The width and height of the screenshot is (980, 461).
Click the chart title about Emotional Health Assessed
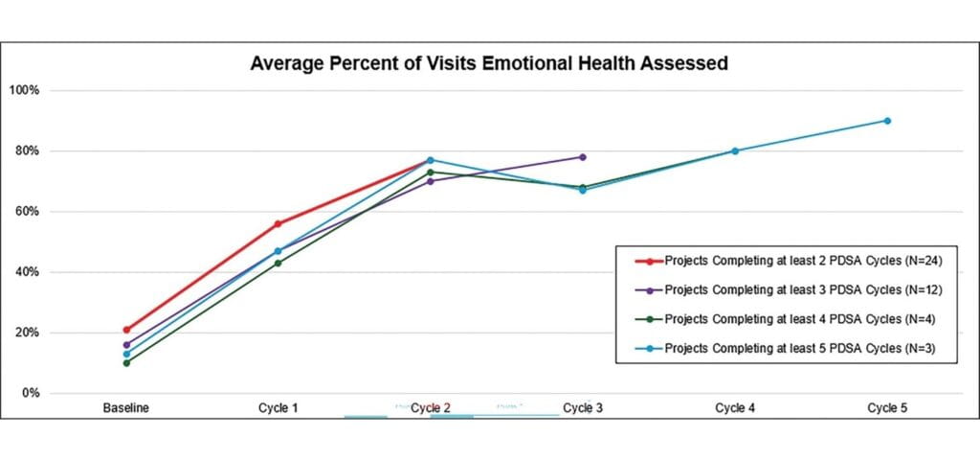coord(489,64)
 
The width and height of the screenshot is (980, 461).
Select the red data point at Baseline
coord(126,330)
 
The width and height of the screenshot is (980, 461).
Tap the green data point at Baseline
coord(126,362)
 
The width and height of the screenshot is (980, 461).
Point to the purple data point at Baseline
coord(126,344)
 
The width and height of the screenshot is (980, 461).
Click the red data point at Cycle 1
coord(278,223)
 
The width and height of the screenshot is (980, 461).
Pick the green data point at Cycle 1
coord(278,263)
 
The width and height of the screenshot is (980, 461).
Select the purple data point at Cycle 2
coord(430,181)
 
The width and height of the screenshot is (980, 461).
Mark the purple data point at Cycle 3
coord(582,157)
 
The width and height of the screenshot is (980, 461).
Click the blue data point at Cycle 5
coord(887,121)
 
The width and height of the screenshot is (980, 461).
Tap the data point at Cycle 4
coord(735,150)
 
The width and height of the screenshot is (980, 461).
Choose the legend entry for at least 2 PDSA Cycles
coord(776,261)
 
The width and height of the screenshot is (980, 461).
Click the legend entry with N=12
coord(776,288)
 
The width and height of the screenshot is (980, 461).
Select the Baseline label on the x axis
coord(126,408)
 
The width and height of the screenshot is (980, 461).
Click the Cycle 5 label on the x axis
coord(887,408)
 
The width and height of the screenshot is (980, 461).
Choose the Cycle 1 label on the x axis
coord(278,408)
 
